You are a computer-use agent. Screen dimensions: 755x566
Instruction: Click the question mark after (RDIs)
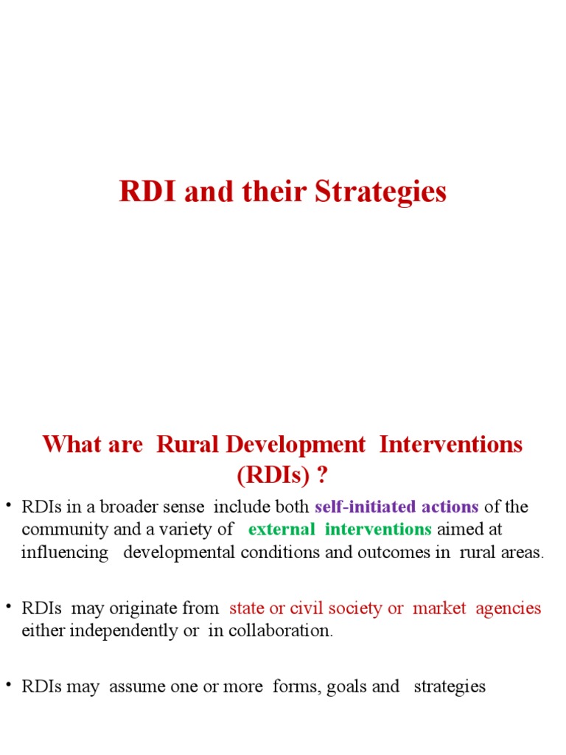click(322, 476)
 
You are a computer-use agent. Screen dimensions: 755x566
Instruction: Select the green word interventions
click(378, 529)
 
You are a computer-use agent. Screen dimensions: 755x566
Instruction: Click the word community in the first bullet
click(59, 529)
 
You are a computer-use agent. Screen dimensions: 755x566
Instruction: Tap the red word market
click(439, 608)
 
